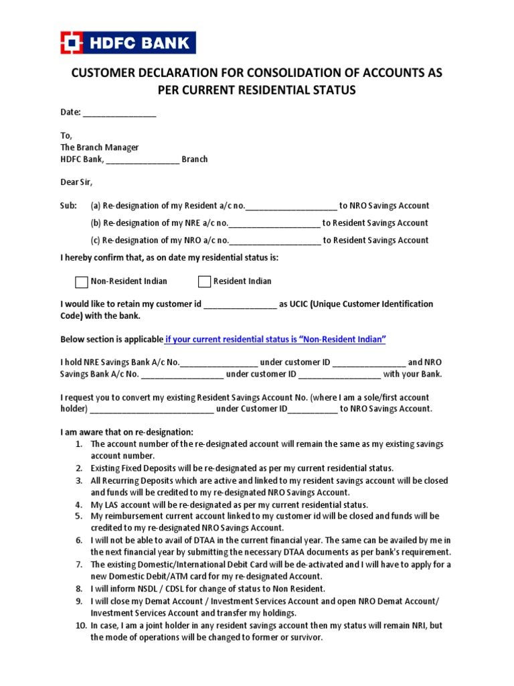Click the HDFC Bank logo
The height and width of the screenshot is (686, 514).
point(128,43)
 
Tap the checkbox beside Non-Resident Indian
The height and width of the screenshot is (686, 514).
point(81,281)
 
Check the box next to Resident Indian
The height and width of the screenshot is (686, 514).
point(204,281)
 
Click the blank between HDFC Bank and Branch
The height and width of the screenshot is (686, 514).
point(143,159)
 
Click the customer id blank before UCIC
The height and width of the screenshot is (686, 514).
point(240,305)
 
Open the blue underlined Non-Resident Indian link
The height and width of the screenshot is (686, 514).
point(276,340)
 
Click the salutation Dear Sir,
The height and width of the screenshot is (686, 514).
point(77,182)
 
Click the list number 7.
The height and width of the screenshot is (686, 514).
point(78,565)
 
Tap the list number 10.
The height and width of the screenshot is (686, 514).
point(80,626)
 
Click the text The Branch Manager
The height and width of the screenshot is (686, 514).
point(100,147)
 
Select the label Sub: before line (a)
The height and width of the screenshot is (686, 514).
point(69,206)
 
